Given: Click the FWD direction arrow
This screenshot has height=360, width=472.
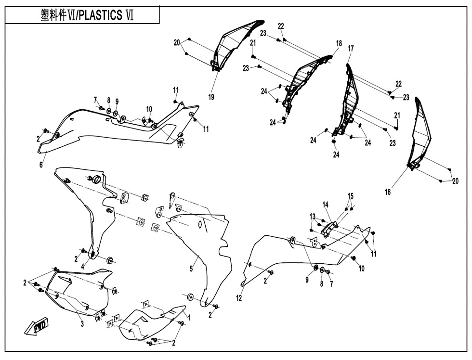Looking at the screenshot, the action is click(x=36, y=327).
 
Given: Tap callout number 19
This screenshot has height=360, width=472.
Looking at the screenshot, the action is click(x=211, y=97).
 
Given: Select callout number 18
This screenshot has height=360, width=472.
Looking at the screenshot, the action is click(x=339, y=43).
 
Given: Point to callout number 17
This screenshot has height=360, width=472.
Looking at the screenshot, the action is click(x=351, y=48).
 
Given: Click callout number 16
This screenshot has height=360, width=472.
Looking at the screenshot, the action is click(x=388, y=192).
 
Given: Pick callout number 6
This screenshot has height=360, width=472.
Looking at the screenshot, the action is click(x=41, y=165).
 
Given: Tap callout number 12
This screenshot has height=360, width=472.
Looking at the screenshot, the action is click(x=239, y=298).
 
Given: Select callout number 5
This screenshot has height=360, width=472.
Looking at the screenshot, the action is click(x=191, y=269).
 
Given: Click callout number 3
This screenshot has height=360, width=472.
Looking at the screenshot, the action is click(x=82, y=323).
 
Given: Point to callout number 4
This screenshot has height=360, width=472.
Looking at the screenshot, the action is click(x=83, y=267).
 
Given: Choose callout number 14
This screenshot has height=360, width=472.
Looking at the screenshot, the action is click(x=326, y=205).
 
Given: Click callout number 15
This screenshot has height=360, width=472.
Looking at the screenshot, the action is click(x=351, y=196).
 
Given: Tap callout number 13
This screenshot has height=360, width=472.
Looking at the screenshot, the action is click(x=313, y=216).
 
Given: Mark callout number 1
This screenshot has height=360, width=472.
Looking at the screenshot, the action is click(x=189, y=317).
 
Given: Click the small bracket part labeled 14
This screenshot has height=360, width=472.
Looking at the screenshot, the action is click(x=329, y=228).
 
